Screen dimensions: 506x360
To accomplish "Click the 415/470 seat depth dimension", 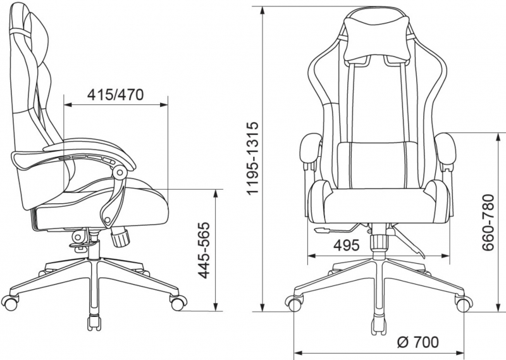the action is click(x=115, y=95).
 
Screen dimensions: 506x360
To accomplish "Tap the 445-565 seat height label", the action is click(x=204, y=250).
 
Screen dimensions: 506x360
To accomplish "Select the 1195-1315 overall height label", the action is click(x=252, y=158).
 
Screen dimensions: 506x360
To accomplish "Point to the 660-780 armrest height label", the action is click(x=488, y=223).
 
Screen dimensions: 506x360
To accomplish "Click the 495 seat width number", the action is click(x=346, y=245).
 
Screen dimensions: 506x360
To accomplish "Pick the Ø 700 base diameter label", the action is click(x=418, y=342).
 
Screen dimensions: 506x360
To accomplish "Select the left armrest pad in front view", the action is click(x=309, y=149).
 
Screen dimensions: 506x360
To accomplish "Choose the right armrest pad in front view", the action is click(x=446, y=149).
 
